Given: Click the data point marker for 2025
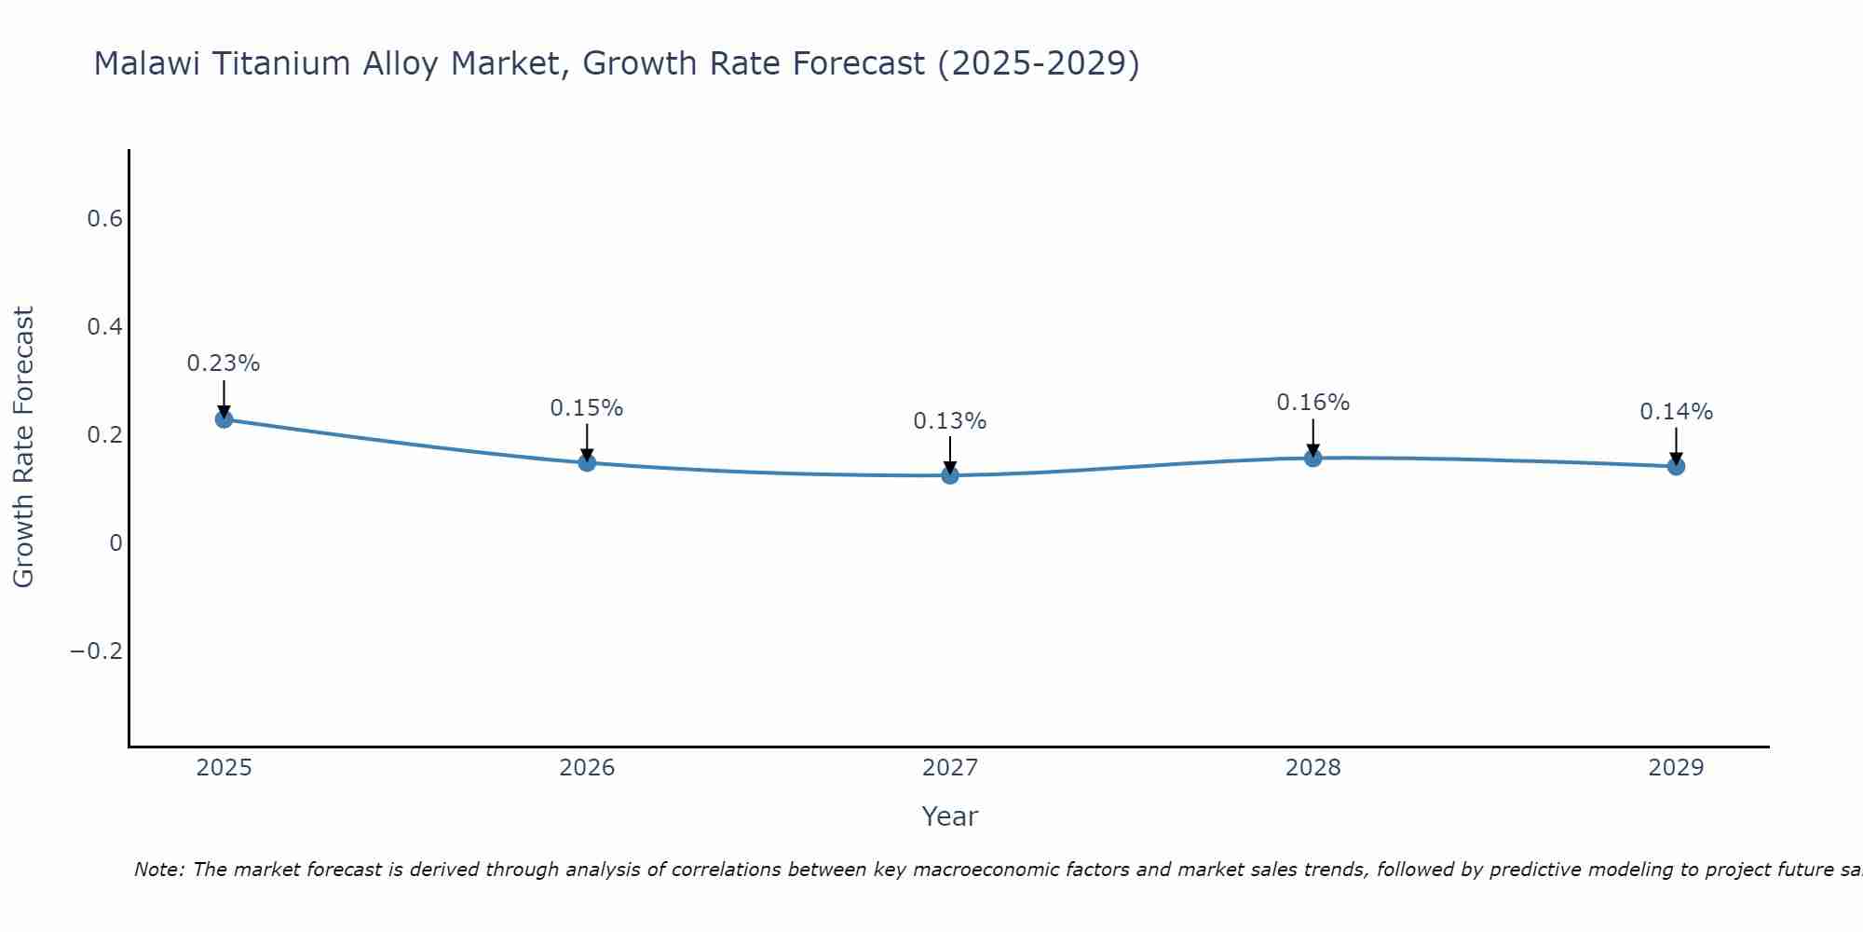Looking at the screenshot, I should tap(224, 419).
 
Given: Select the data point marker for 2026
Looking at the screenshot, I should tap(587, 462).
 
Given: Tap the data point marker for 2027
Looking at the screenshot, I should tap(950, 475).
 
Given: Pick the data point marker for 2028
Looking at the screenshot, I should tap(1313, 458).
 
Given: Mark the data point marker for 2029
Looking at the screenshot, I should tap(1676, 466).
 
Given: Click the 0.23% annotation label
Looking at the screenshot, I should tap(224, 363).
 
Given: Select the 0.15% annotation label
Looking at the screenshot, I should tap(587, 408).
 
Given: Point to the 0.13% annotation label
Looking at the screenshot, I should tap(950, 421).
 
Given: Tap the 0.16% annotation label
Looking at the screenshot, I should tap(1313, 403).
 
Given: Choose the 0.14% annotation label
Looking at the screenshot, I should tap(1676, 412).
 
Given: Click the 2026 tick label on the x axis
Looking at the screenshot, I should tap(587, 768).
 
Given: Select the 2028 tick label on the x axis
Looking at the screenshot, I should tap(1313, 768).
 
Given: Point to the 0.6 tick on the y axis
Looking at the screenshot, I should tap(104, 219).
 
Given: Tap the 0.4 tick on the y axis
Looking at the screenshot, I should tap(104, 327).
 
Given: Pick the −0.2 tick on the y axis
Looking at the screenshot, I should tap(96, 651).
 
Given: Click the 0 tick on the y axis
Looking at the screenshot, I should tap(116, 542).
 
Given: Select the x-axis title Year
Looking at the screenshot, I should tap(950, 816).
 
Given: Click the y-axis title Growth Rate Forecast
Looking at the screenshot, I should tap(23, 447).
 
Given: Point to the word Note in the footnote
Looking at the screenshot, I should tap(158, 870).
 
